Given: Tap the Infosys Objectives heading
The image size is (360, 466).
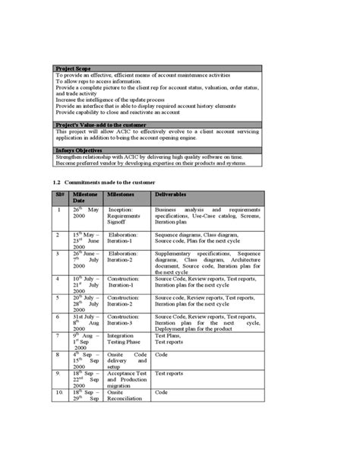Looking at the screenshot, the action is coord(81,151).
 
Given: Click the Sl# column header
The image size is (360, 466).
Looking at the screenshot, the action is coord(59,195).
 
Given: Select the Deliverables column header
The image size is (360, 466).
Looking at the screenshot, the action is coord(173,195).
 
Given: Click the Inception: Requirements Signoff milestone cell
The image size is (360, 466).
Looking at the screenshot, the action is coord(125,215).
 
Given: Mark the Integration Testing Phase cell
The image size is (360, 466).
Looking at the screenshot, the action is coord(122,339).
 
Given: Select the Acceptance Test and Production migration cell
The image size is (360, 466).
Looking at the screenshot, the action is coord(127,379).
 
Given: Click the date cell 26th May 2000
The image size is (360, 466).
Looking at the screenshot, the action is coord(86,213).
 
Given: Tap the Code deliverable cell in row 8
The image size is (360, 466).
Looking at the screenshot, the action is coord(161,354).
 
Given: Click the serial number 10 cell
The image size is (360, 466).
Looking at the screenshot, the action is coord(59,393).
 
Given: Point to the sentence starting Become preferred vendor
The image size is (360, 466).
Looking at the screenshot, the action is coord(150,163).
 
